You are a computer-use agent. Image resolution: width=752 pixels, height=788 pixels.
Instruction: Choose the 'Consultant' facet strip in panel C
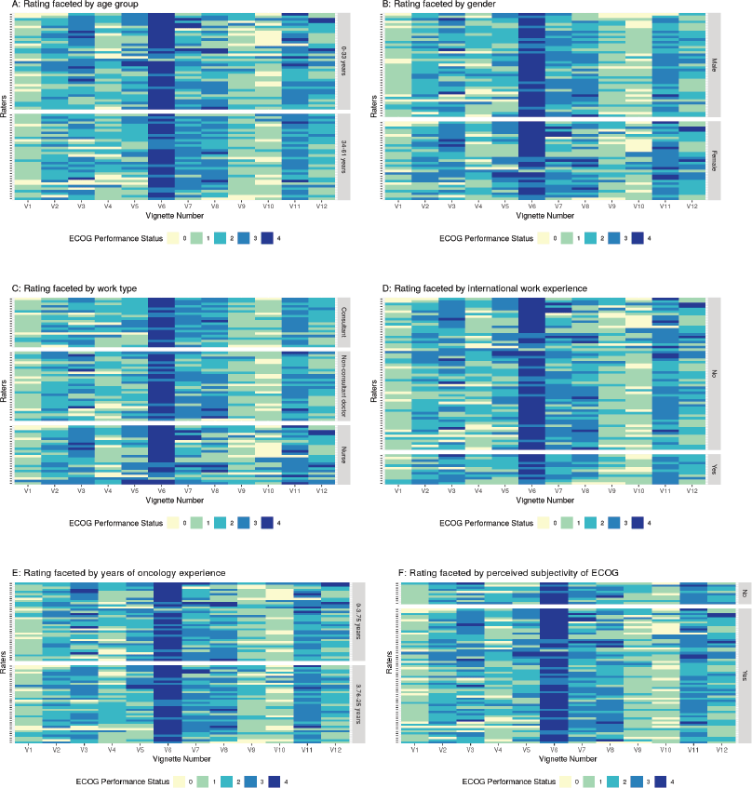344,321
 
